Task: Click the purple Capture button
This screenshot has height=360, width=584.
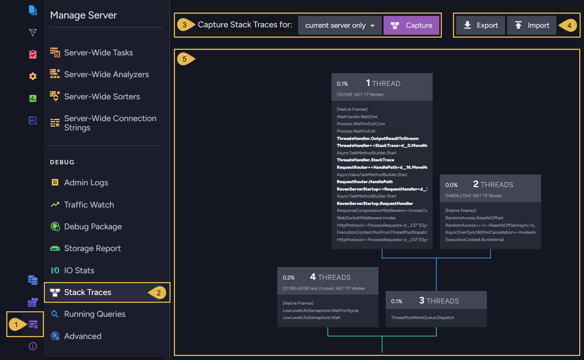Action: click(x=411, y=25)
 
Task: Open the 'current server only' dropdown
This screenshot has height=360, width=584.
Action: click(x=340, y=25)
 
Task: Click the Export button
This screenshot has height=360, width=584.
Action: click(x=481, y=25)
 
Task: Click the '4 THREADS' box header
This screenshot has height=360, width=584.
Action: click(x=328, y=281)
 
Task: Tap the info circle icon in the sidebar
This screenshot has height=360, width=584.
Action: click(x=33, y=346)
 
